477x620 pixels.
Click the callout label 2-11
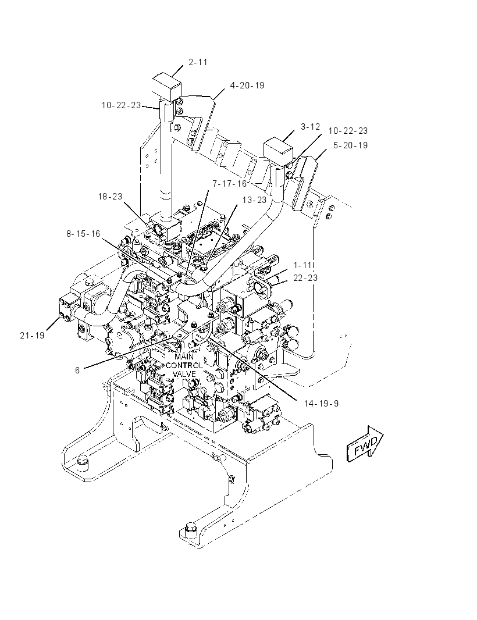pos(198,62)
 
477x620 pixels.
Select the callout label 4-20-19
pos(247,85)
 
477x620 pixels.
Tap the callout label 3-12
pos(310,127)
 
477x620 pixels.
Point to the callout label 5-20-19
pos(350,145)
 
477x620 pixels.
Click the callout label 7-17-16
pos(229,184)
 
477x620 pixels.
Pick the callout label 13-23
pos(255,200)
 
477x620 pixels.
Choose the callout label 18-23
pos(110,197)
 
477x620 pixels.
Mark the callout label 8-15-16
pos(83,234)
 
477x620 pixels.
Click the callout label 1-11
pos(303,265)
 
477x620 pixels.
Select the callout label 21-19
pos(32,336)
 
